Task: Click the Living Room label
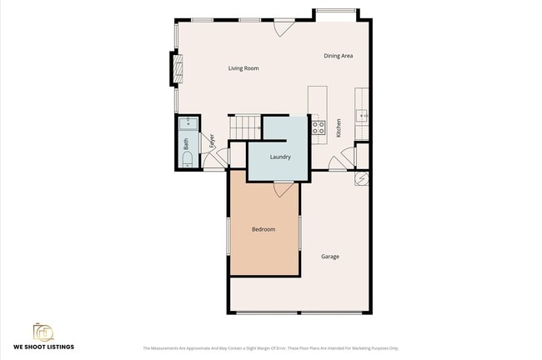pos(243,68)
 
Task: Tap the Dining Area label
pos(339,56)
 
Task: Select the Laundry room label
pos(280,156)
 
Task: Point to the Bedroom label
pos(263,229)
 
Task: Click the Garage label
pos(330,257)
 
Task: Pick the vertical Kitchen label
pos(339,127)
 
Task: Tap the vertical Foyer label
pos(212,140)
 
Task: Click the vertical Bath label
pos(186,142)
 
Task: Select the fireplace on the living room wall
pos(175,68)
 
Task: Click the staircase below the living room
pos(245,127)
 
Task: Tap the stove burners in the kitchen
pos(318,127)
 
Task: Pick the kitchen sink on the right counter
pos(361,116)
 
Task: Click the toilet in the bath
pos(187,159)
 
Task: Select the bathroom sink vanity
pos(188,126)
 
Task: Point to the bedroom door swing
pos(284,188)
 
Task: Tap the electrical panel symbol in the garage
pos(362,178)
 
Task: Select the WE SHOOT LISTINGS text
pos(43,347)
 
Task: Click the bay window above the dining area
pos(335,13)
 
